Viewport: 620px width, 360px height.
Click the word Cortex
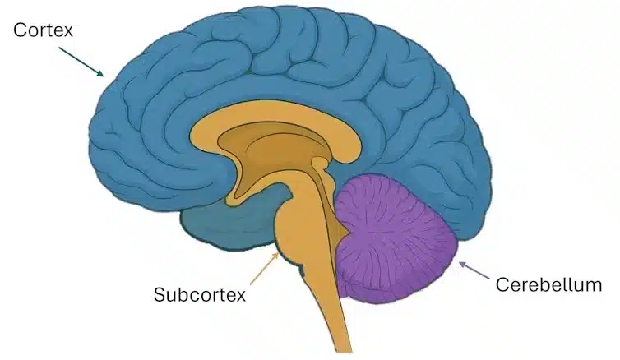[43, 30]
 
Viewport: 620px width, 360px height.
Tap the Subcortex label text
[200, 294]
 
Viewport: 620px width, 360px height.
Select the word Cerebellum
[548, 284]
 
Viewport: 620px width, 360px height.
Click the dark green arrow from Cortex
[81, 62]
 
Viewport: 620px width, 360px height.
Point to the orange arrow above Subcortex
[265, 268]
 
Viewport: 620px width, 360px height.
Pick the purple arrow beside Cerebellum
[474, 270]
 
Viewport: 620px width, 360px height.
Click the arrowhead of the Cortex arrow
[101, 73]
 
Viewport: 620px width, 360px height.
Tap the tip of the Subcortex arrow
[279, 254]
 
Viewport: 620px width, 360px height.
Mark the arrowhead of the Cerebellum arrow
[460, 262]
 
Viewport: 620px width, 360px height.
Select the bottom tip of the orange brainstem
[343, 352]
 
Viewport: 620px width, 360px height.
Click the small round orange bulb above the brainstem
[320, 163]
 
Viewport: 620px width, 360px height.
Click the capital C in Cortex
[20, 30]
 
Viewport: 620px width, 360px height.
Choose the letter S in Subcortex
[160, 294]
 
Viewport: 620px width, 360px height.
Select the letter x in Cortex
[68, 32]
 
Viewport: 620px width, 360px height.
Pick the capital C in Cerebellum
[502, 284]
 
